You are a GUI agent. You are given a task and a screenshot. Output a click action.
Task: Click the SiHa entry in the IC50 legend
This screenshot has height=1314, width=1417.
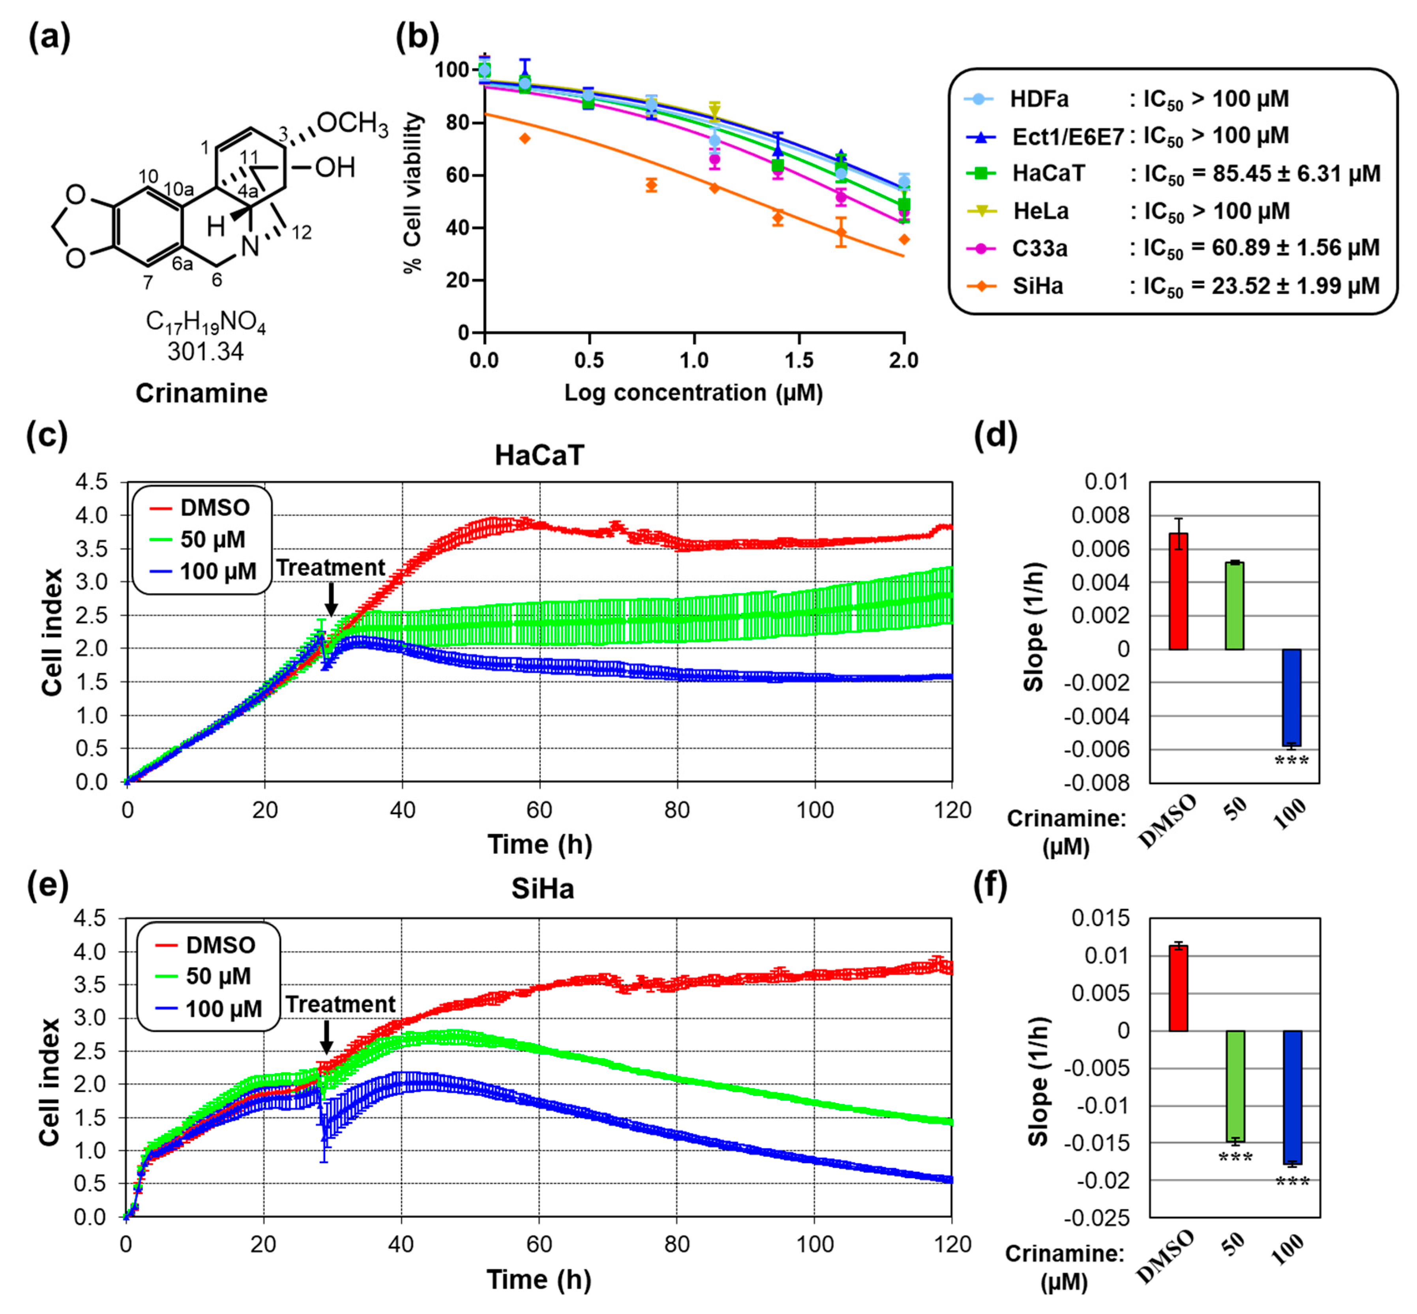point(1038,286)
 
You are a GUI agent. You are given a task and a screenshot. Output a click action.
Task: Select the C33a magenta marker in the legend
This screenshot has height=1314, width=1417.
point(981,248)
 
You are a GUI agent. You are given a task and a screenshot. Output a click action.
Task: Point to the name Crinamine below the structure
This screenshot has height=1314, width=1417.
point(202,393)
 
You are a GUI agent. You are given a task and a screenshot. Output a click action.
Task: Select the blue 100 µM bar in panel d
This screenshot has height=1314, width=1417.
point(1291,697)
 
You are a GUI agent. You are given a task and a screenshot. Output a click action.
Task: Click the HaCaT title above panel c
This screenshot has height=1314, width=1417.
point(540,455)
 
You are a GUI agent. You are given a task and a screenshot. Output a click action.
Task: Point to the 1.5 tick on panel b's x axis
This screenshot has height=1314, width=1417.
point(799,360)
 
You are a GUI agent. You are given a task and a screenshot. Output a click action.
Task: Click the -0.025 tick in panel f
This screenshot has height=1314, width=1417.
point(1100,1218)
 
